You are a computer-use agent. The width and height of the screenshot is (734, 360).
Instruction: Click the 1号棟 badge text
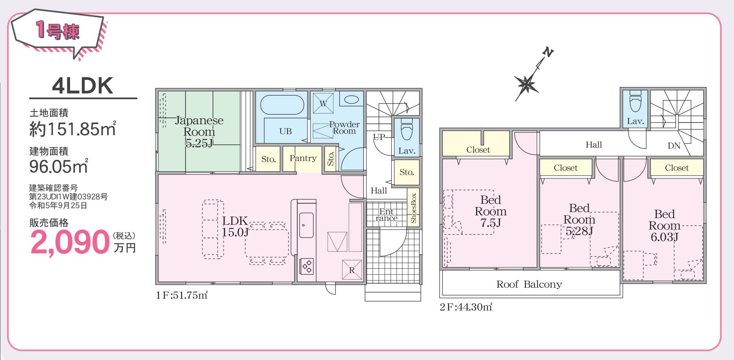click(58, 32)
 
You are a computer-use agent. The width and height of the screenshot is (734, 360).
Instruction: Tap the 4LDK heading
click(83, 85)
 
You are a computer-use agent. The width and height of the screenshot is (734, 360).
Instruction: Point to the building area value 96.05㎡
click(58, 167)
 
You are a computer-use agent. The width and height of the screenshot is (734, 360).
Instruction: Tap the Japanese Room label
click(199, 126)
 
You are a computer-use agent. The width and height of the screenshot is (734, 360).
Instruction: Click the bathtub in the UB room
click(282, 105)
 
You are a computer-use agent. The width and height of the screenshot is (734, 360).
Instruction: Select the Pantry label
click(303, 158)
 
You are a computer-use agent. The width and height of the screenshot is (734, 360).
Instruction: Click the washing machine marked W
click(323, 104)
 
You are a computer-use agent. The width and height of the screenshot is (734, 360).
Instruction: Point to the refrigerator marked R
click(352, 270)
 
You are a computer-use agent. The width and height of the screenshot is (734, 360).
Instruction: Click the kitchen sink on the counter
click(306, 225)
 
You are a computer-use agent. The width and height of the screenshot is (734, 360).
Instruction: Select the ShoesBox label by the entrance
click(413, 208)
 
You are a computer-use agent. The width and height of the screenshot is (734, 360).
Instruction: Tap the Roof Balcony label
click(529, 284)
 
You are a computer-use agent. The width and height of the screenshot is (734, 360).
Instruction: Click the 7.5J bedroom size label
click(490, 223)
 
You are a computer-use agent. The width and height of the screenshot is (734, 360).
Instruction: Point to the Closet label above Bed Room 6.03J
click(677, 168)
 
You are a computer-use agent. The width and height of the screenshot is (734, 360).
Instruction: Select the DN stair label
click(674, 146)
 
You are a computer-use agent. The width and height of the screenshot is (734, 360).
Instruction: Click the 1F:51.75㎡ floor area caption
click(182, 295)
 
